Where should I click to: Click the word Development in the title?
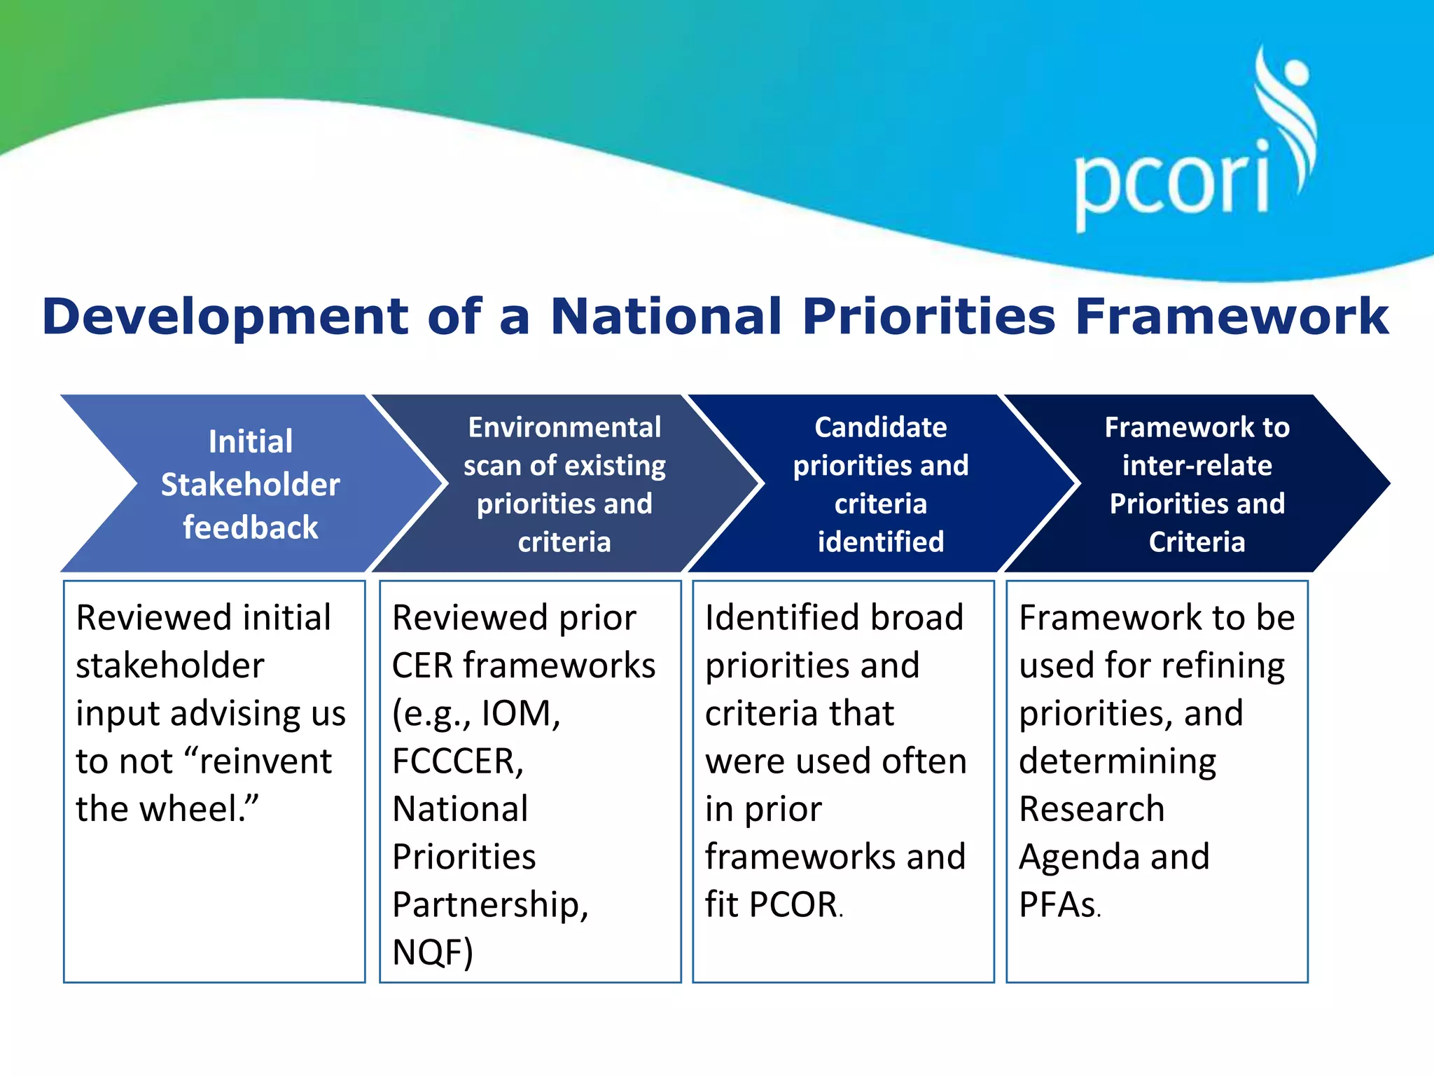pyautogui.click(x=224, y=317)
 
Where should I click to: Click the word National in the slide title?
pyautogui.click(x=665, y=317)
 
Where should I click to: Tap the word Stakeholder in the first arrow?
pyautogui.click(x=250, y=485)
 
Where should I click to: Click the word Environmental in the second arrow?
pyautogui.click(x=564, y=427)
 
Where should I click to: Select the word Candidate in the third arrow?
pyautogui.click(x=880, y=427)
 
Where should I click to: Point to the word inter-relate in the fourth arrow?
pyautogui.click(x=1197, y=466)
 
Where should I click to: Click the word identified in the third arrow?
pyautogui.click(x=880, y=542)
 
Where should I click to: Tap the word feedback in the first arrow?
pyautogui.click(x=250, y=527)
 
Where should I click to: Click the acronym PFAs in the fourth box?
pyautogui.click(x=1057, y=904)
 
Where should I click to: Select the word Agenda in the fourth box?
pyautogui.click(x=1078, y=857)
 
